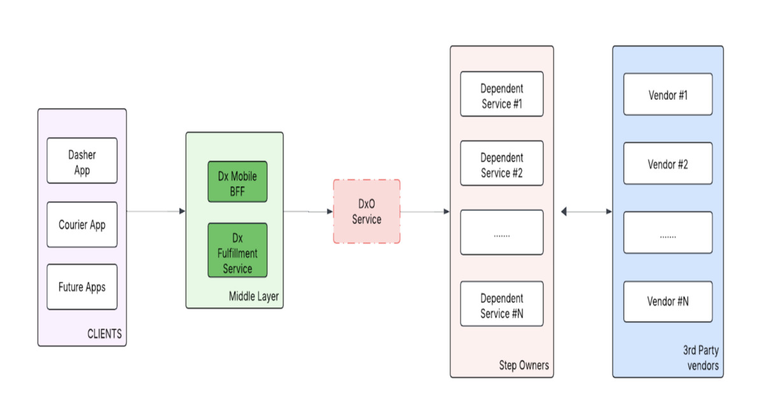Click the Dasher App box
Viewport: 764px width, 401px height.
(x=82, y=160)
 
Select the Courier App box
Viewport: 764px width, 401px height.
(x=82, y=225)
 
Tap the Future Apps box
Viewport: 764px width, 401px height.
(x=82, y=287)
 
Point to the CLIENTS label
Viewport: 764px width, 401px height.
(x=104, y=334)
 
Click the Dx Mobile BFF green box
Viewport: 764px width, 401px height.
(x=237, y=182)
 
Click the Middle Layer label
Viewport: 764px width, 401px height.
(x=253, y=297)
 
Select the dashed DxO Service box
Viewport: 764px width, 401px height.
(x=367, y=211)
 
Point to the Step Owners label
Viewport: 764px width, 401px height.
(x=523, y=365)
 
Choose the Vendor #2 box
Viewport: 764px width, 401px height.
(x=668, y=164)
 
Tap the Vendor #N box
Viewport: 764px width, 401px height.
(x=668, y=302)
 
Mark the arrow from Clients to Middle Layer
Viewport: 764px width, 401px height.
(x=156, y=211)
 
